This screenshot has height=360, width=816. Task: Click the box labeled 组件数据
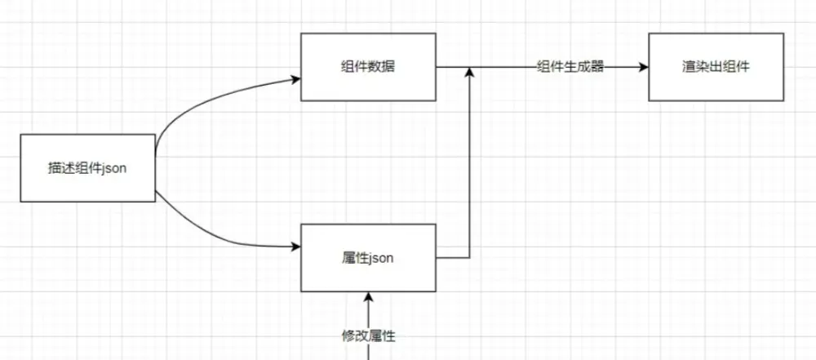point(368,67)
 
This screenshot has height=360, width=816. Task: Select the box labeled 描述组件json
point(87,168)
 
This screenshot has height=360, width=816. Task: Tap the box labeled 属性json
point(368,258)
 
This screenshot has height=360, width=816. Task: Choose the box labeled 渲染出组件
point(716,67)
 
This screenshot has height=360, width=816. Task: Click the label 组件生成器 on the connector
point(570,67)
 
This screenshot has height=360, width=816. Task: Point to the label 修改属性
point(370,335)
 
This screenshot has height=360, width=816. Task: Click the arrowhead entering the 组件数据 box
point(295,79)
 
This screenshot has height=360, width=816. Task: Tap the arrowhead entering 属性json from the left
point(295,247)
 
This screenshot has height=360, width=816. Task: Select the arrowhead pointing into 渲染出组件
point(643,67)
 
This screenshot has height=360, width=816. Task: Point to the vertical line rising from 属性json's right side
point(469,163)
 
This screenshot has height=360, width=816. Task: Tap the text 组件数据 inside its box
point(368,67)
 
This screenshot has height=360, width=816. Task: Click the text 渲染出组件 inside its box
point(716,67)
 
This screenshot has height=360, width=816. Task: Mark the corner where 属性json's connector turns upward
point(469,258)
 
